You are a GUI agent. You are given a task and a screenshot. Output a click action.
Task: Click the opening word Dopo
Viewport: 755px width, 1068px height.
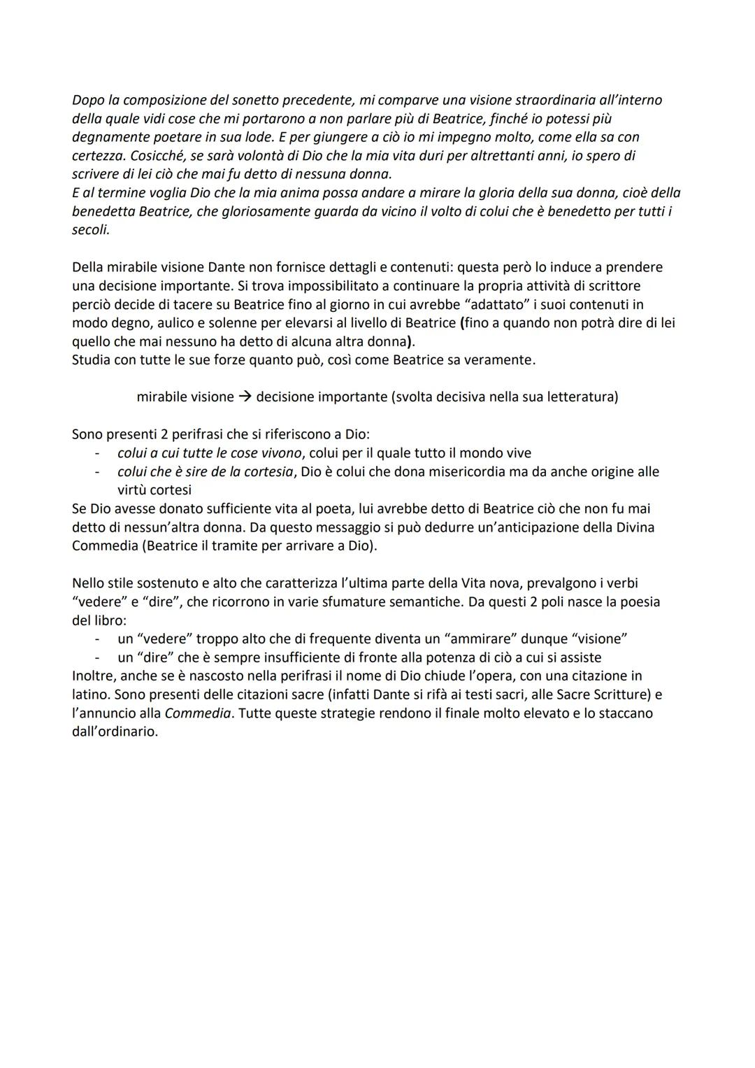[88, 100]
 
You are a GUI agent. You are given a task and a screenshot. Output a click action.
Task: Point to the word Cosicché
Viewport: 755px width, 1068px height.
[99, 155]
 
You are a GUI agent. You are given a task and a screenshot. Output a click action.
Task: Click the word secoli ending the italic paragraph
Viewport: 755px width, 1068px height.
[90, 229]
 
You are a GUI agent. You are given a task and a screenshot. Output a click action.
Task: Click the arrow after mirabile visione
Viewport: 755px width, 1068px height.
[245, 397]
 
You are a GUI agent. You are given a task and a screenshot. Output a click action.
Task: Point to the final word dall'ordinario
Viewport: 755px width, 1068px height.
[115, 732]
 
